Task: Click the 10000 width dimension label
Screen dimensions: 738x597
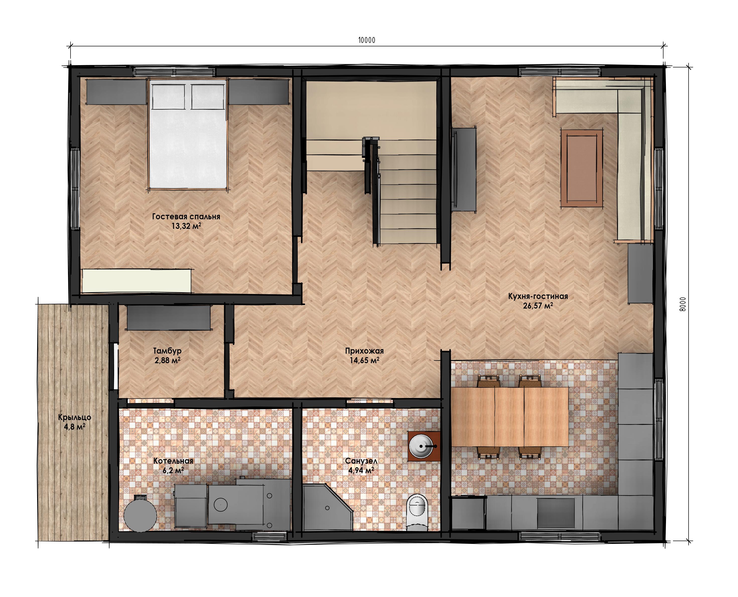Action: tap(367, 40)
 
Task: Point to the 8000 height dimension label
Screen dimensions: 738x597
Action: tap(683, 304)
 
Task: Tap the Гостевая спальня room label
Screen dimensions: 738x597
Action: tap(186, 217)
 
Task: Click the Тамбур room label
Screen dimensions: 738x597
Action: tap(167, 351)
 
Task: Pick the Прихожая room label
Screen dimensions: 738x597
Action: tap(364, 351)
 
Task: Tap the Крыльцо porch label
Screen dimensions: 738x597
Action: tap(75, 418)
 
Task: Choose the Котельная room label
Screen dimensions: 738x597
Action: tap(173, 461)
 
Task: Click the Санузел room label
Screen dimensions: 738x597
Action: tap(361, 461)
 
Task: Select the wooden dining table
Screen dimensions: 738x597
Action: tap(509, 417)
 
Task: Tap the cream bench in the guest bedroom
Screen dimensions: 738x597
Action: tap(137, 281)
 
